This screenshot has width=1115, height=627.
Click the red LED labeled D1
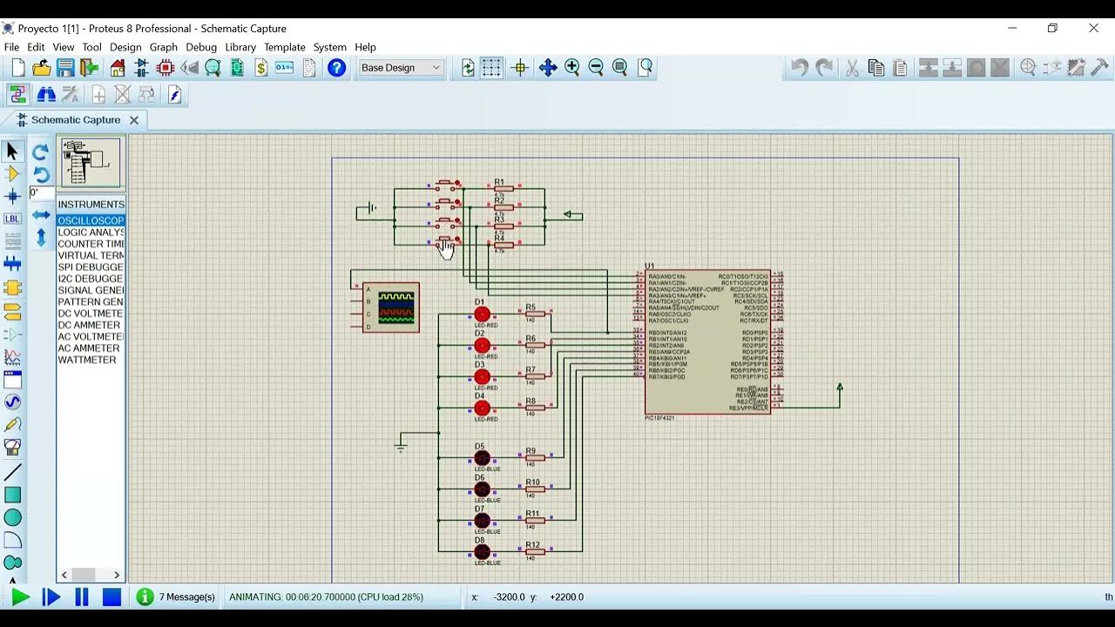click(x=482, y=314)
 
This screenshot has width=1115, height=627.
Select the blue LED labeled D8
click(x=482, y=551)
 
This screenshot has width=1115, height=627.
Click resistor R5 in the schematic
click(x=535, y=314)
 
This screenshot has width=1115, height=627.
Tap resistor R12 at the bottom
click(x=535, y=551)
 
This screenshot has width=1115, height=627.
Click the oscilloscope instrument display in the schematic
click(x=396, y=307)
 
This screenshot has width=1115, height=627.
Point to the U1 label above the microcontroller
click(x=650, y=266)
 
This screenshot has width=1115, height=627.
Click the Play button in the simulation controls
click(x=20, y=597)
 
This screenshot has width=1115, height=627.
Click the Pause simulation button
click(x=82, y=597)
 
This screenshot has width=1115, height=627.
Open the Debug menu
click(x=201, y=47)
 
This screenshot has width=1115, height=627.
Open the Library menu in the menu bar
click(x=240, y=47)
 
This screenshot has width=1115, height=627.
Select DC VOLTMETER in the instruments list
click(x=91, y=313)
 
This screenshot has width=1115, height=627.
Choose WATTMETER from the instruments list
click(x=87, y=360)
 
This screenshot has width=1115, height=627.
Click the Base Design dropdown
click(x=401, y=68)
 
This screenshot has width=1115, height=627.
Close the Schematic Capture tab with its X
click(x=134, y=120)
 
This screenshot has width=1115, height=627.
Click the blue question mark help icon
click(x=337, y=68)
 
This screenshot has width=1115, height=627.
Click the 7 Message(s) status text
click(x=186, y=597)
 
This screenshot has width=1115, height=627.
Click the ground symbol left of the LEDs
click(x=401, y=447)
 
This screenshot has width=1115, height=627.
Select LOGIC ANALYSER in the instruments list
click(x=91, y=233)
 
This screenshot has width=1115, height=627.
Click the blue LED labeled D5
click(x=482, y=457)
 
